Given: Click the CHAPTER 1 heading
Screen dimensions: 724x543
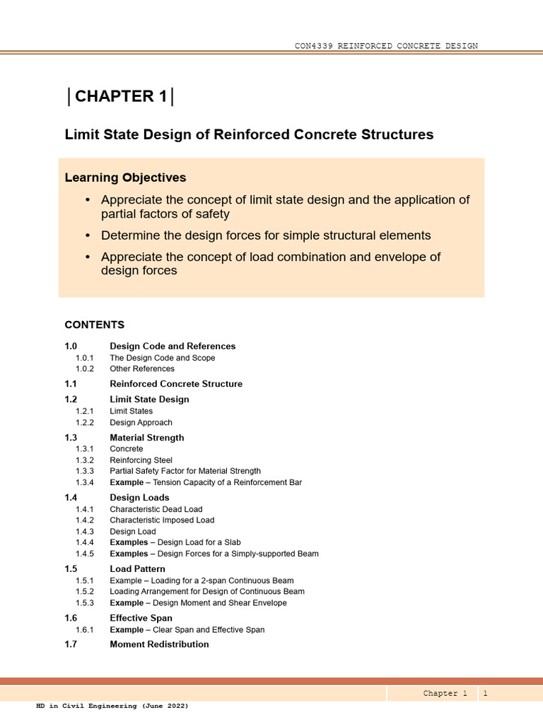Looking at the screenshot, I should [121, 97].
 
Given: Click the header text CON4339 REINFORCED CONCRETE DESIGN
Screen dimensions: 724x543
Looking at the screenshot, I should [386, 46].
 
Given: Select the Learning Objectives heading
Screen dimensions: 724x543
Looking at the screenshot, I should [125, 177].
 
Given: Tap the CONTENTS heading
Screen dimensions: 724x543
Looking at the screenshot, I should [94, 325].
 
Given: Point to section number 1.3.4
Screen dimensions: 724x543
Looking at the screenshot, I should [85, 482].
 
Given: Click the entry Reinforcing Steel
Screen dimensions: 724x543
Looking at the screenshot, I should [141, 460].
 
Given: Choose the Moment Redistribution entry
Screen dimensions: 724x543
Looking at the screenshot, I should [159, 644].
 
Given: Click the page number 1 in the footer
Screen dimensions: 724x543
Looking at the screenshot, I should [485, 694].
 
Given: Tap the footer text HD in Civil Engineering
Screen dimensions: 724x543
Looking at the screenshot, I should [112, 706].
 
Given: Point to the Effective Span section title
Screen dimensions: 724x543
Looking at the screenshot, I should [141, 617].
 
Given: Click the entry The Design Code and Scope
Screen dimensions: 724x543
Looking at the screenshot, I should [162, 358].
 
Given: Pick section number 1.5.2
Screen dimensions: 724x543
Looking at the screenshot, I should [85, 591].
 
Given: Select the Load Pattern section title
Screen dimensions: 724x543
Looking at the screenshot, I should [137, 568].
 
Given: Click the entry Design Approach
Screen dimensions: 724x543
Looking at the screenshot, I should [141, 422].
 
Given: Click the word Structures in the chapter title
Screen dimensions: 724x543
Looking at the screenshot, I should [395, 134].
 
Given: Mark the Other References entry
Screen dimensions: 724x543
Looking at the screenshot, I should [141, 368].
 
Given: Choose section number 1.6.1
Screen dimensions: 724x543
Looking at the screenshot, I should [85, 629].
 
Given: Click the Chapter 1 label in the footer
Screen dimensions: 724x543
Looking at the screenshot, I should [445, 694].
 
